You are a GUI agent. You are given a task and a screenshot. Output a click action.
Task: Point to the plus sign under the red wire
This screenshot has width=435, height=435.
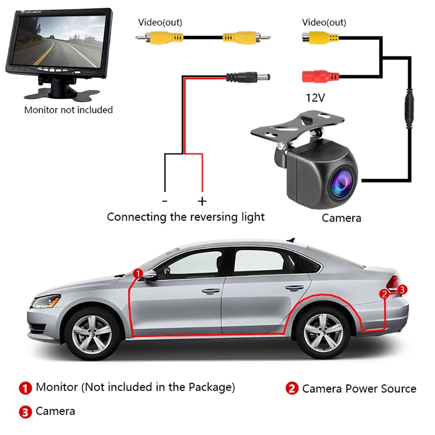[202, 201]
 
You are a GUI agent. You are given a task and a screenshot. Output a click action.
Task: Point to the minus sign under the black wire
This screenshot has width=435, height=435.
[164, 201]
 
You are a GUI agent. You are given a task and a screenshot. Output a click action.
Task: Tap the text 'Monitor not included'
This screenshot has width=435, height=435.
[68, 110]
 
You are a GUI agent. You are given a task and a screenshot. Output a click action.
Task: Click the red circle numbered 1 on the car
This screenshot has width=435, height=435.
[137, 273]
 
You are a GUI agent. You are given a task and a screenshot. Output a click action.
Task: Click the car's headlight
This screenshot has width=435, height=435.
[47, 301]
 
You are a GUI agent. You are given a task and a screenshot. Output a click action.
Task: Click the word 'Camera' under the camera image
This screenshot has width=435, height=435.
[341, 217]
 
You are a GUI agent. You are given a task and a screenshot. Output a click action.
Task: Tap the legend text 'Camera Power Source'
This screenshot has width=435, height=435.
[359, 388]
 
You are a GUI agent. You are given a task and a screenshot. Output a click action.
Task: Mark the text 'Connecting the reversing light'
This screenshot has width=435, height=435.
[186, 217]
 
